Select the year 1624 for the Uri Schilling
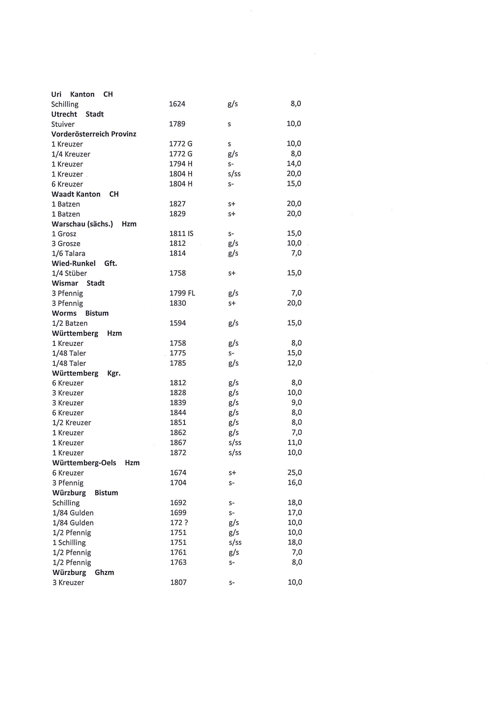[177, 104]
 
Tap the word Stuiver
[63, 124]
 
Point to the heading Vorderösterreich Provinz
[94, 134]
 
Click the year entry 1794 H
[181, 164]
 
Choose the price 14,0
[294, 164]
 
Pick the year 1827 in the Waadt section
[178, 204]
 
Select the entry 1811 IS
[181, 234]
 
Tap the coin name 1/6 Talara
[69, 253]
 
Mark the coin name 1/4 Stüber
[69, 273]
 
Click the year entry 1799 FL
[182, 293]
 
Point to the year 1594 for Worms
[178, 323]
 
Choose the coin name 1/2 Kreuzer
[72, 423]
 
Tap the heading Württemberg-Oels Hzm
[96, 463]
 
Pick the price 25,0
[295, 473]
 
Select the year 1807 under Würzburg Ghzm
[178, 582]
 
